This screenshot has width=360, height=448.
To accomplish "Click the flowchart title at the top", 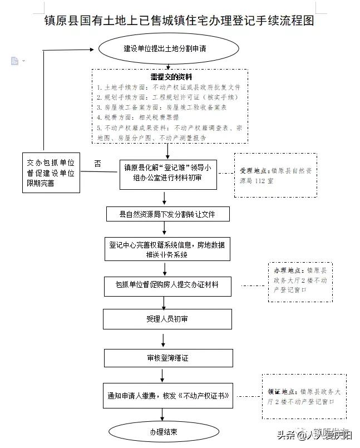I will point(180,21).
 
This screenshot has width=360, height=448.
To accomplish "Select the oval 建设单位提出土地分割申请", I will point(165,48).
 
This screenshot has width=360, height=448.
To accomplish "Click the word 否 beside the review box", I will point(98,163).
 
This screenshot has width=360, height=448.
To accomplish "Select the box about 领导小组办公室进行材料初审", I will point(167,173).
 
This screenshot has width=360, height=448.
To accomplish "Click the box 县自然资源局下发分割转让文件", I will point(167,214).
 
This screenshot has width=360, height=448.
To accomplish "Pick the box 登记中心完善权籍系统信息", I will point(167,249).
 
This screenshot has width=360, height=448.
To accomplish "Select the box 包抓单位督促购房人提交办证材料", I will point(167,285).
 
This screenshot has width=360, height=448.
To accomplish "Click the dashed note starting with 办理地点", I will point(300,282).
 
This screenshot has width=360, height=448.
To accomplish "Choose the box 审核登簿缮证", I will point(167,358).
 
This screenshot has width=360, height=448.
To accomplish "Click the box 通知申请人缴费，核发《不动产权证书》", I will point(167,396).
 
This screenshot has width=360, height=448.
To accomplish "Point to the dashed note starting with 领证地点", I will point(304,396).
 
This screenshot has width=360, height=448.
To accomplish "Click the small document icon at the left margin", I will point(15,61).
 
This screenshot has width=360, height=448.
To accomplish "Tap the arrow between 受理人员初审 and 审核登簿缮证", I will point(163,339).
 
